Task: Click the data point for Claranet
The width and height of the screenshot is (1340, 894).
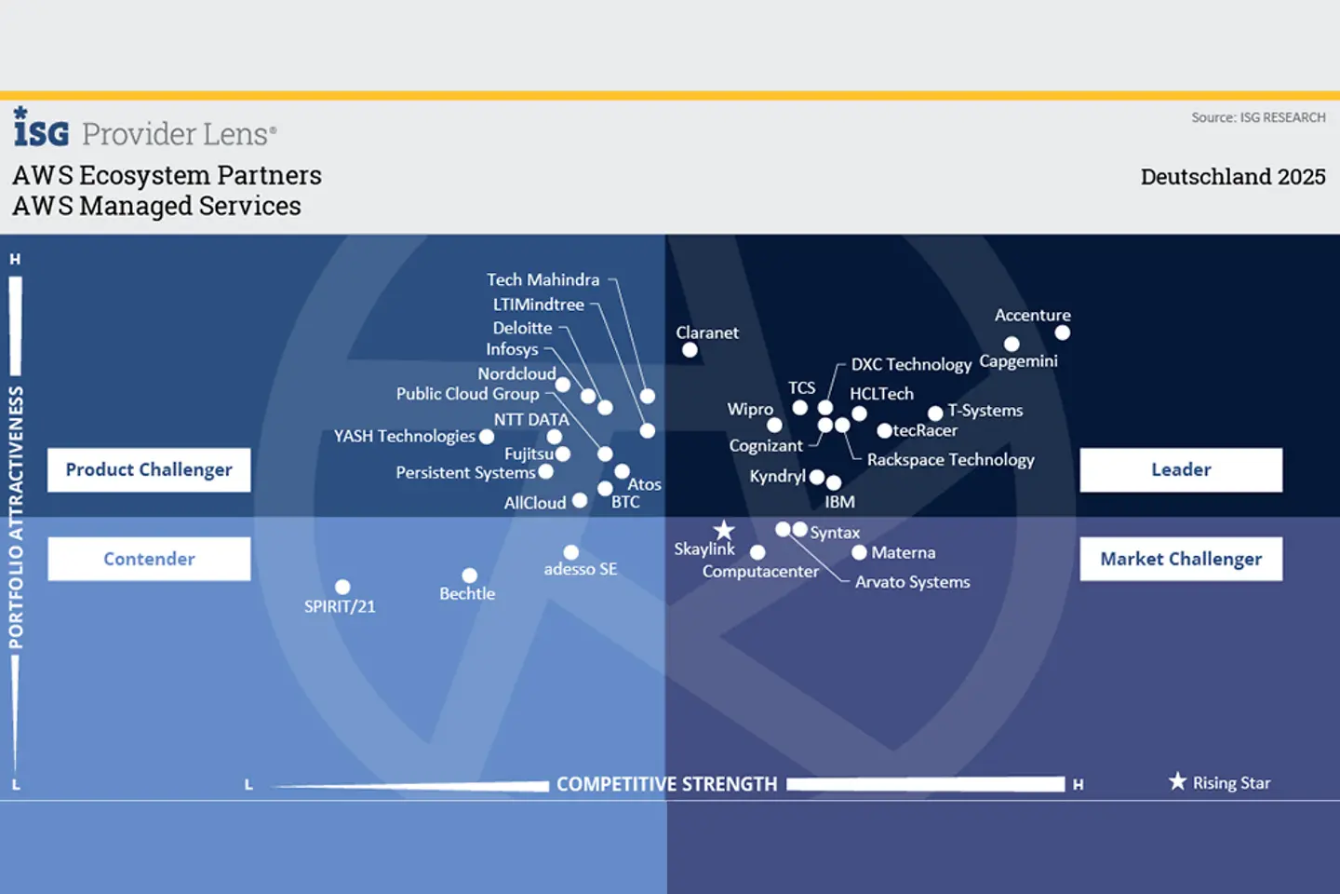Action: tap(690, 350)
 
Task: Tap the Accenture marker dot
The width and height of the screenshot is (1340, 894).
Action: tap(1063, 332)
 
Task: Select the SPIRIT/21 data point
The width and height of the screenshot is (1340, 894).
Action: tap(342, 587)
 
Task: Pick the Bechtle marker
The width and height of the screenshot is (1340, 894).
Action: tap(470, 576)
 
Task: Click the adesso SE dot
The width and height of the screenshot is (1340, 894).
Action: tap(571, 552)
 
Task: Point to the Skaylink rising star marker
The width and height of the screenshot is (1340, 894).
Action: tap(724, 531)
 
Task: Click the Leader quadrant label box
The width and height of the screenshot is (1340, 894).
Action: tap(1181, 469)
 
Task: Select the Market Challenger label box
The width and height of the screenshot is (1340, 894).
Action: tap(1181, 559)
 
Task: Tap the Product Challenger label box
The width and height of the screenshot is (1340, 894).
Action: tap(149, 469)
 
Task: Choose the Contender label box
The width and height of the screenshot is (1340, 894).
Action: tap(149, 559)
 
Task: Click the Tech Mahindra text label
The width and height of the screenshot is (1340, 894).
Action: tap(543, 279)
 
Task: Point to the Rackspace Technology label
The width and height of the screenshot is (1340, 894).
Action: tap(950, 459)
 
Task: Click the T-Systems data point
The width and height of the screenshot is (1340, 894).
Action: tap(935, 413)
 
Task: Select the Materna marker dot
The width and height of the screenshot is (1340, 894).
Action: tap(859, 552)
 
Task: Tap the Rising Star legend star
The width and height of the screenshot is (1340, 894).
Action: tap(1178, 781)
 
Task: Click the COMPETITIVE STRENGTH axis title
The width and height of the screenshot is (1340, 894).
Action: tap(666, 784)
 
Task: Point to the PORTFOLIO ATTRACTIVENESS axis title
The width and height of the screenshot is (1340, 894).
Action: tap(16, 518)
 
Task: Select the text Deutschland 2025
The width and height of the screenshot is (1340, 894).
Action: tap(1232, 177)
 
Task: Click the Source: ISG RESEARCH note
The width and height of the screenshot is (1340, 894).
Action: tap(1258, 117)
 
